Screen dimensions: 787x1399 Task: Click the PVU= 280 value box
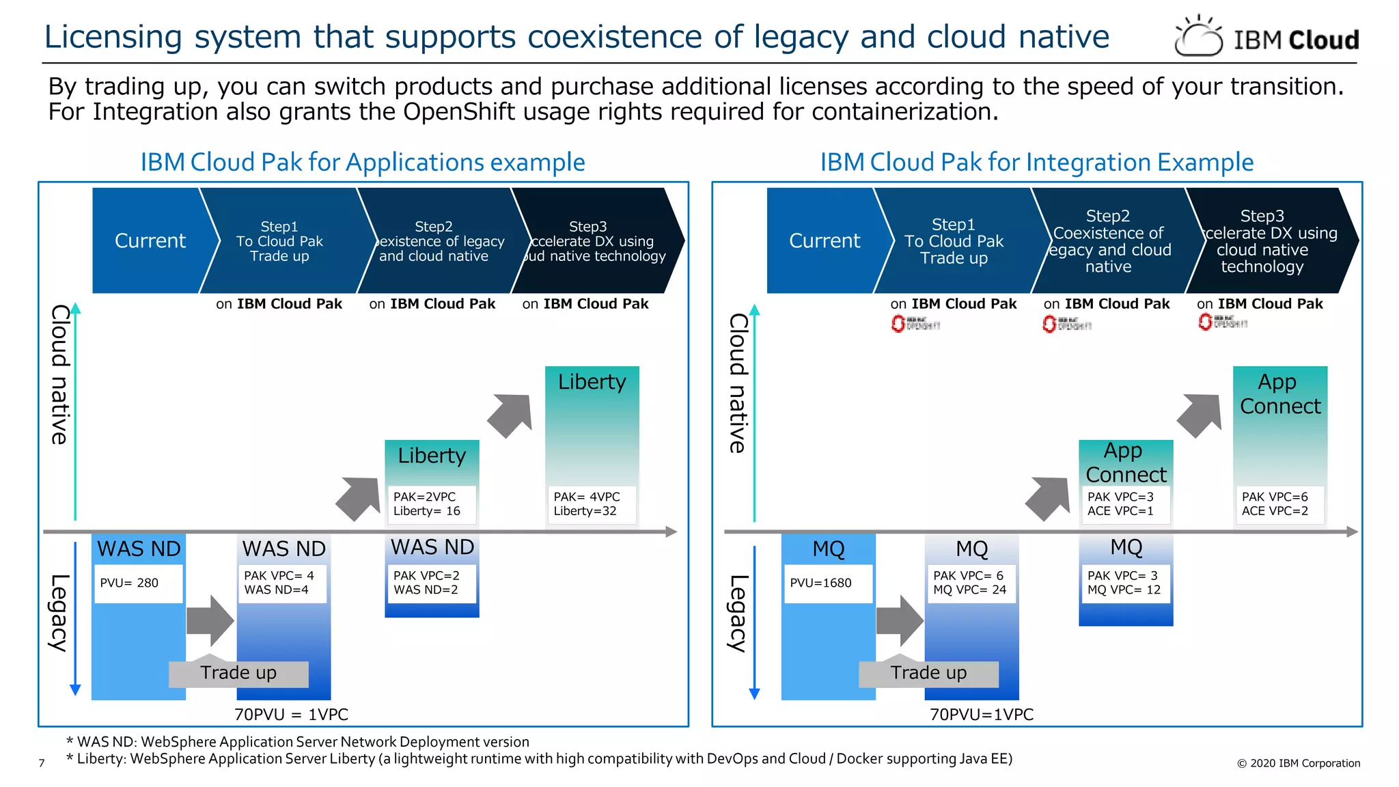(139, 583)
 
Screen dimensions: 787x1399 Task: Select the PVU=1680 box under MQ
(828, 583)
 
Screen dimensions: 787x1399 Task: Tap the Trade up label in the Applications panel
(238, 674)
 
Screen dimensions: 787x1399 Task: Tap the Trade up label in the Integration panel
(928, 674)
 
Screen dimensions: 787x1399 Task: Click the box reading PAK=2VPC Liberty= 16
(432, 504)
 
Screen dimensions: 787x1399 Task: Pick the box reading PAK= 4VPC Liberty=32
(592, 504)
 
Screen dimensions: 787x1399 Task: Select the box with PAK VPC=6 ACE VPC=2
(1279, 504)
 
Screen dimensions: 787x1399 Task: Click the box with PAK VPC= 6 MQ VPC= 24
(971, 583)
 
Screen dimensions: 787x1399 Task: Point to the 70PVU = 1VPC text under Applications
(291, 715)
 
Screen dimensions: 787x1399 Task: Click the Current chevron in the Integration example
(824, 240)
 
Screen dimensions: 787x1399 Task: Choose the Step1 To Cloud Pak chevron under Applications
(279, 240)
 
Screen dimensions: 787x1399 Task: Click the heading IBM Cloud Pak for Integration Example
(1036, 163)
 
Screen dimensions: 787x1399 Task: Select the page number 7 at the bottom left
(42, 763)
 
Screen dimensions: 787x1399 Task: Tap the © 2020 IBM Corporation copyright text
(1298, 763)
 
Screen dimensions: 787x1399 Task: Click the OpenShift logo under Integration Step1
(915, 324)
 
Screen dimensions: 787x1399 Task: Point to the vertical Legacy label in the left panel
(59, 613)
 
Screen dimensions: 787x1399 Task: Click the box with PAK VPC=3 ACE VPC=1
(1126, 504)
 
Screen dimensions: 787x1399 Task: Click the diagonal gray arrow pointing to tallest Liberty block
(511, 415)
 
